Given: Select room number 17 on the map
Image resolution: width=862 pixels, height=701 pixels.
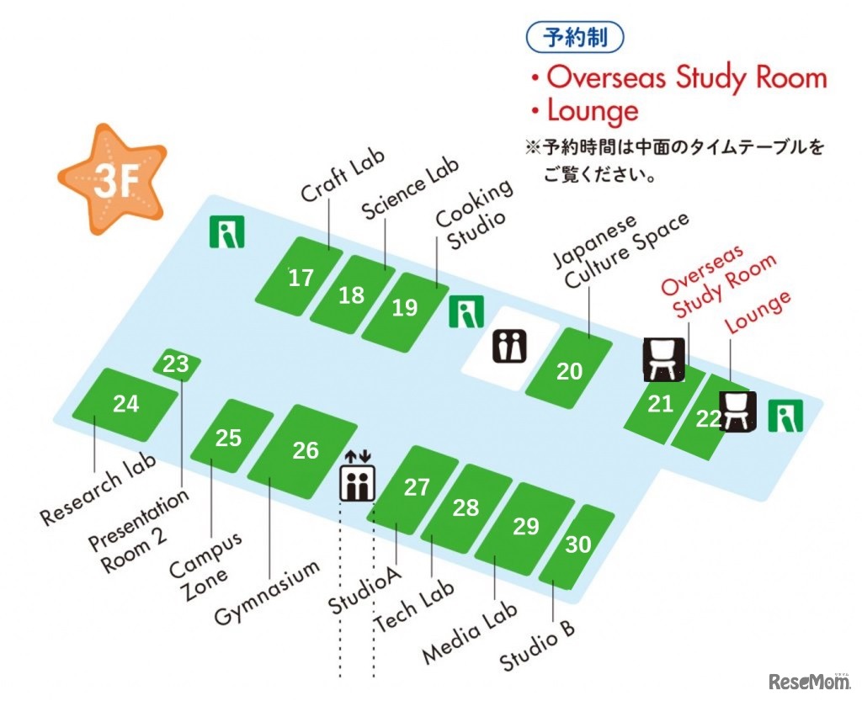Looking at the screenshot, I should (x=300, y=279).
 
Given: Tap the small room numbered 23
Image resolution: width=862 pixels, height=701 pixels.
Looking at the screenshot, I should (x=177, y=364).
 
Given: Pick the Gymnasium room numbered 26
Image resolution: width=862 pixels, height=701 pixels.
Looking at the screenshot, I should (x=306, y=450).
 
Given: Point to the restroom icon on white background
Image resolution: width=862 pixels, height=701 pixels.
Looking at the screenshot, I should (x=509, y=346).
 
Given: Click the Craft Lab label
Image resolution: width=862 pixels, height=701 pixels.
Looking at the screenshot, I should (x=343, y=176).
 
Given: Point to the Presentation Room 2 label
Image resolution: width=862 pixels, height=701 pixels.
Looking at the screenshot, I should (x=140, y=531).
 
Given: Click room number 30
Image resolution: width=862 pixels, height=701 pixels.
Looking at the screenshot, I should (x=578, y=544).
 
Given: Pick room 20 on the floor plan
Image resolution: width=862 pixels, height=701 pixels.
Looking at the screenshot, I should (x=569, y=371).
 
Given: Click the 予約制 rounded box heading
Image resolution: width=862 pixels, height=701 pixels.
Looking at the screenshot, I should (x=577, y=37).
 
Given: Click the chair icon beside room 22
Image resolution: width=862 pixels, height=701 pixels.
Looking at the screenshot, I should (x=737, y=411).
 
